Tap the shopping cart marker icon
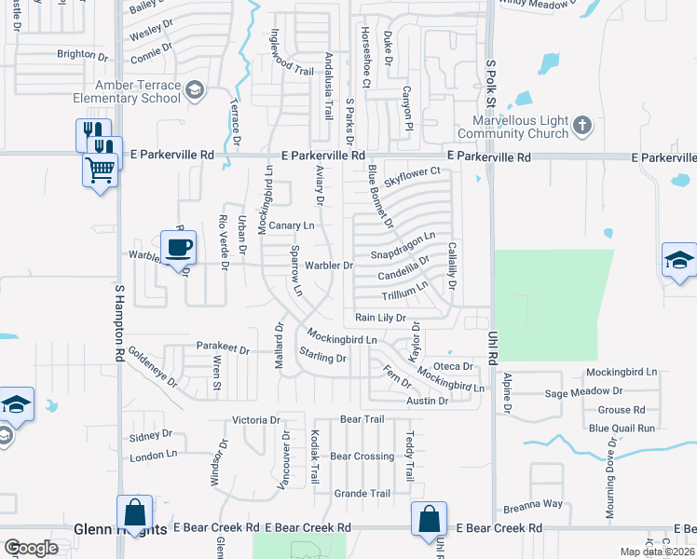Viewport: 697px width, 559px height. tap(101, 170)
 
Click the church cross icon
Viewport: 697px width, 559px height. tap(581, 124)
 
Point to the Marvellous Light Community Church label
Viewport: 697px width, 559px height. tap(520, 126)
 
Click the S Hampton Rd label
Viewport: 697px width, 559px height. tap(119, 323)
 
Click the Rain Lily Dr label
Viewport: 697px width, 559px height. tap(380, 318)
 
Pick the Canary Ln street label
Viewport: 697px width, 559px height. tap(291, 225)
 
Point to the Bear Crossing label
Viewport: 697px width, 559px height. tap(362, 457)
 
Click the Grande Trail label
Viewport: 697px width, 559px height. tap(362, 494)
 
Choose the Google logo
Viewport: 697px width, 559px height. tap(31, 548)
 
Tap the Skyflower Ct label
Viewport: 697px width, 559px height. tap(412, 172)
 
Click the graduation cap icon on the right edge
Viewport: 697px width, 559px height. tap(680, 260)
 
